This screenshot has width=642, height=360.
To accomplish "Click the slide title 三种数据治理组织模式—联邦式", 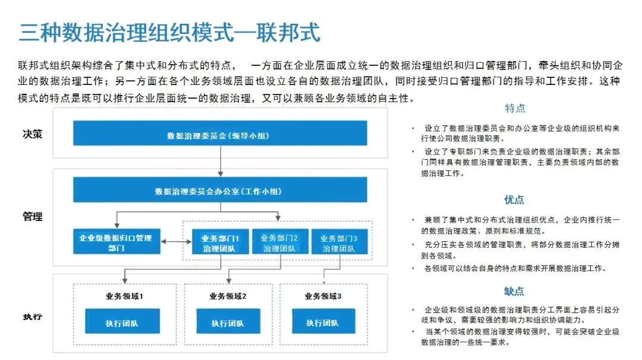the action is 169,32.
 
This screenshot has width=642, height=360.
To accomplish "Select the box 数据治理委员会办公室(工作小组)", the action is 221,191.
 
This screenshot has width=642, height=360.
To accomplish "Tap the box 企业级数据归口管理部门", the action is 117,242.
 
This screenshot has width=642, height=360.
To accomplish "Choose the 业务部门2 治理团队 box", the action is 279,242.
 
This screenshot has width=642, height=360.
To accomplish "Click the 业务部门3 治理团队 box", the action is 338,242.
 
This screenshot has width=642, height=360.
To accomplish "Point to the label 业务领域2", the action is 227,295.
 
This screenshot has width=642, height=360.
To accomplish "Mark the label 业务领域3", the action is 322,295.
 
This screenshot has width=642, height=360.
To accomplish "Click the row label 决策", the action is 32,134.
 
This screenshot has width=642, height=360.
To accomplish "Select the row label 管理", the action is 32,217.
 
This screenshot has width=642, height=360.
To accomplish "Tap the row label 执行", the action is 32,316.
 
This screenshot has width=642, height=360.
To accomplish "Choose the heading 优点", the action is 514,200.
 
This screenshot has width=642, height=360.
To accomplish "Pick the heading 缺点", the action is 514,291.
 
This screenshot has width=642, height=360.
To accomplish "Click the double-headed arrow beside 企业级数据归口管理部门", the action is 176,242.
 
